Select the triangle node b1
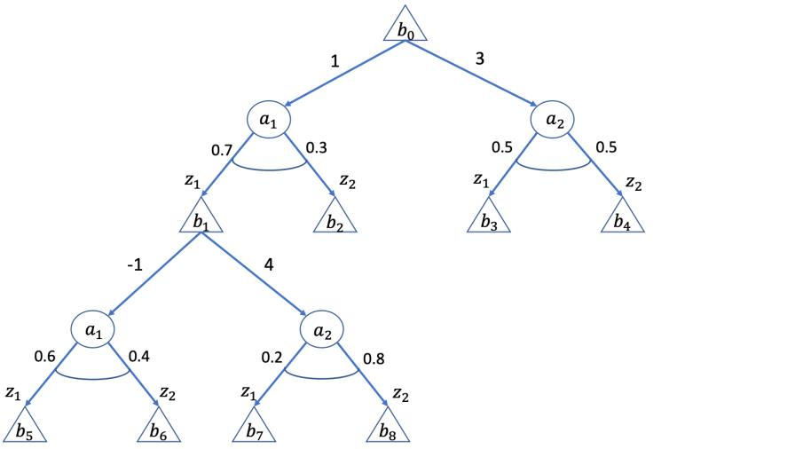pos(201,218)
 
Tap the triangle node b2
pos(335,218)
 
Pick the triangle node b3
pos(489,218)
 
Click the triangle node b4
pos(622,218)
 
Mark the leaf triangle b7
pos(255,429)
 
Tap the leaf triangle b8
pos(389,429)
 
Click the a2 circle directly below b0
pos(553,121)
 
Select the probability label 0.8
pos(373,358)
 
